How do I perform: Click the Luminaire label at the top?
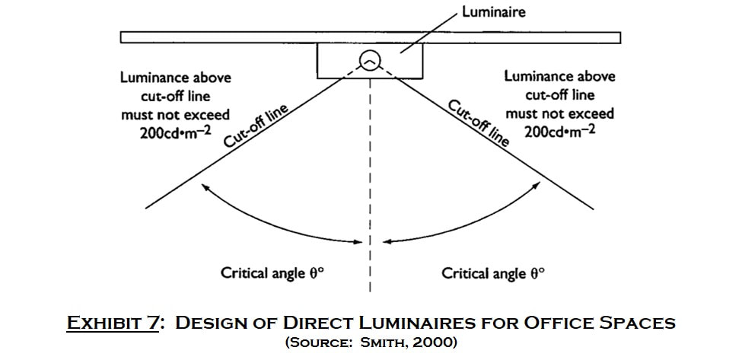pos(494,12)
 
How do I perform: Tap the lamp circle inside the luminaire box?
pos(370,61)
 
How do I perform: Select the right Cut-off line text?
pos(479,123)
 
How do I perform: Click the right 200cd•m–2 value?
pos(560,131)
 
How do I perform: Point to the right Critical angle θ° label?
pos(493,273)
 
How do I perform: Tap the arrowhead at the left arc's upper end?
pos(205,187)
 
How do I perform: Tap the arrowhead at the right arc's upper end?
pos(537,186)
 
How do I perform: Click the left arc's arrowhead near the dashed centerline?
pos(358,242)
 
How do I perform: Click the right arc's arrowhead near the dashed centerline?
pos(387,242)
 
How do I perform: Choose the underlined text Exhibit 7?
pos(113,323)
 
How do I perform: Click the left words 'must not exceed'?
pos(176,114)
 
